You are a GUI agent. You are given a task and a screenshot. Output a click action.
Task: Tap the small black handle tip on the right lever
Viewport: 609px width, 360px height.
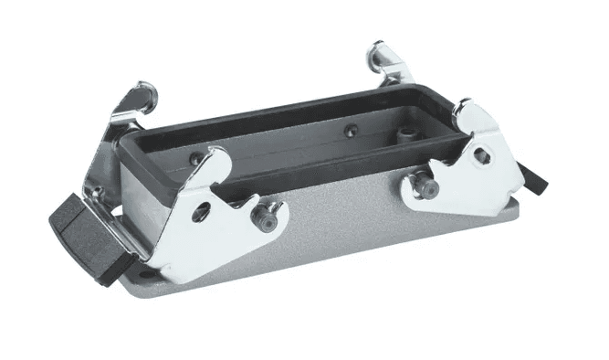tap(539, 180)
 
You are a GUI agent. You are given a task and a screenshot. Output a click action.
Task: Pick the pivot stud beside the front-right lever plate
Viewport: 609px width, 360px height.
tap(422, 187)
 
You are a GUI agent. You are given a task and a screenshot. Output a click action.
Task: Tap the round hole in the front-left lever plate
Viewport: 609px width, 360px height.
tap(202, 212)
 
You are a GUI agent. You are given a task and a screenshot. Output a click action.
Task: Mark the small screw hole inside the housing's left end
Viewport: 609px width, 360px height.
tap(194, 160)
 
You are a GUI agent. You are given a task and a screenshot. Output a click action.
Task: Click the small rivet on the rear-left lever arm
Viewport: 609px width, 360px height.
tap(94, 192)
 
